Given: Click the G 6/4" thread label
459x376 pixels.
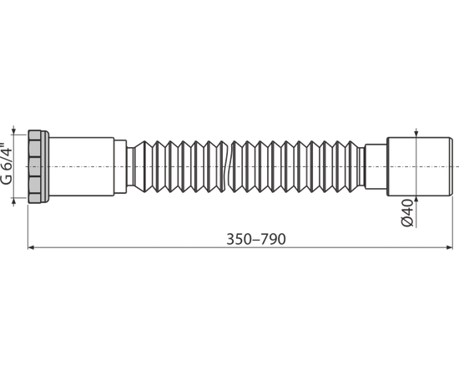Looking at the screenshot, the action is pos(7,164).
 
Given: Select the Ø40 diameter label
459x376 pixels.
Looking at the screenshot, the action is pos(407,212).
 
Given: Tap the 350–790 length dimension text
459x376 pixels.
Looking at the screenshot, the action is pos(256,239).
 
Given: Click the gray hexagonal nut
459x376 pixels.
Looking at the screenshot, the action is pos(34,166).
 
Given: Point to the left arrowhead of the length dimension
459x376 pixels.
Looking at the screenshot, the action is pos(31,247).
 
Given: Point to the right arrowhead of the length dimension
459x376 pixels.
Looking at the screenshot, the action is pos(449,247).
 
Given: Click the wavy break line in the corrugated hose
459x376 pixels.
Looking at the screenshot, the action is pos(229,166).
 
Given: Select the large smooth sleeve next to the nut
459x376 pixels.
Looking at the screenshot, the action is pos(82,166).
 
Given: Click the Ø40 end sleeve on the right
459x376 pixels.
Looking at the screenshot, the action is pos(420,166).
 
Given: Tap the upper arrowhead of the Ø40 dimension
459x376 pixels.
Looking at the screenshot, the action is pos(416,134).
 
